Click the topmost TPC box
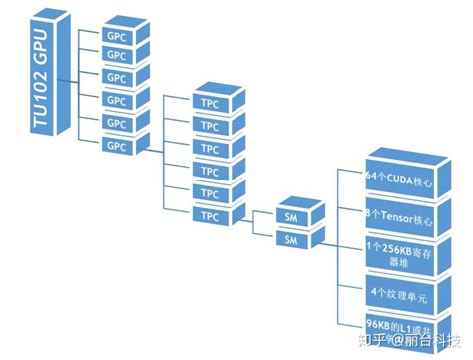click(x=210, y=103)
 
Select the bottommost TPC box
click(x=210, y=215)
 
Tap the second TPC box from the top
click(x=210, y=126)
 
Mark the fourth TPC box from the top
click(x=210, y=171)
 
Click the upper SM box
click(x=291, y=217)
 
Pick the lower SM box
click(x=291, y=240)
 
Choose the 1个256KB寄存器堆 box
click(x=401, y=252)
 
